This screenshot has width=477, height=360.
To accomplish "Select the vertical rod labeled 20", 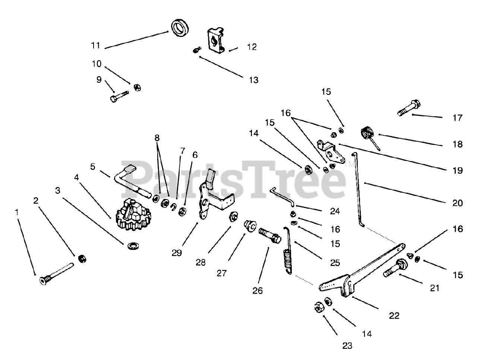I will (358, 186).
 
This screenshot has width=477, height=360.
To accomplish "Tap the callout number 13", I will (253, 80).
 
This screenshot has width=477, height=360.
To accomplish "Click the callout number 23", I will (347, 346).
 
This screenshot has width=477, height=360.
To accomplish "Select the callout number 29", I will (177, 253).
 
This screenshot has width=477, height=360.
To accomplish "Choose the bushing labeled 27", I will (250, 225).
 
